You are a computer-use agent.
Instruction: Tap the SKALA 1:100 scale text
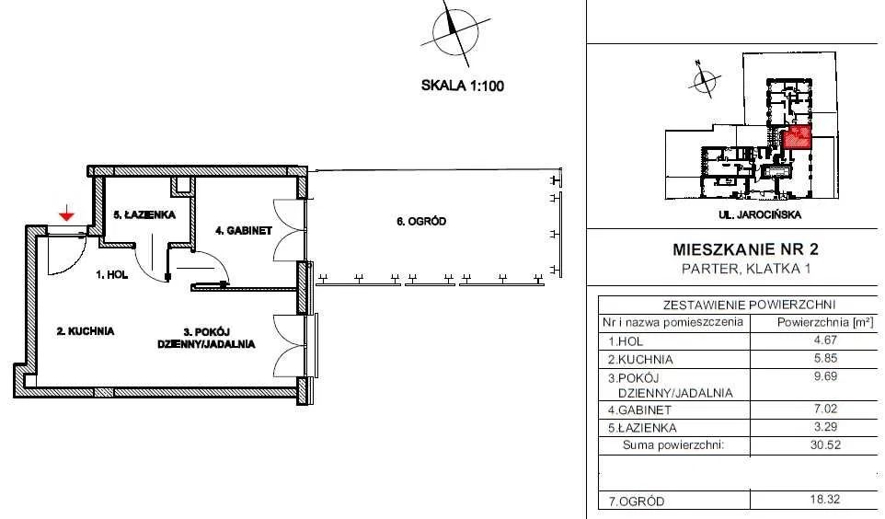(462, 86)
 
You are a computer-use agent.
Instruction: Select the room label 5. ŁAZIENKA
(144, 214)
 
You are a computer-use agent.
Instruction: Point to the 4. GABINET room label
(244, 230)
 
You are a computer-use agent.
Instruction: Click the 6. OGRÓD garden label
(421, 222)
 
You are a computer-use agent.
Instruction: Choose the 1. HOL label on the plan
(111, 274)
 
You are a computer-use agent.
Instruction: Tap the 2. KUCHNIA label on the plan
(86, 331)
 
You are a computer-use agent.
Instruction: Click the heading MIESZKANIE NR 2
(745, 249)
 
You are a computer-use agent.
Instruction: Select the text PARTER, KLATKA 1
(746, 269)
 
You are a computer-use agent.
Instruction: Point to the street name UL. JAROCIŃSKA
(760, 215)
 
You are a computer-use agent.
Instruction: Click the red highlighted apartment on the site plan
(797, 137)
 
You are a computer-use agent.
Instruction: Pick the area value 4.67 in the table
(826, 340)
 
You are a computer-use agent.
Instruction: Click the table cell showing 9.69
(826, 376)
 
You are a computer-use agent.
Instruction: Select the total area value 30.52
(826, 444)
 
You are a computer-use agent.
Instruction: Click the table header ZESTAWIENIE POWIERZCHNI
(749, 305)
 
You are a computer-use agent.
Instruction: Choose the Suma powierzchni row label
(672, 444)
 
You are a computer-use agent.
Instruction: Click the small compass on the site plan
(703, 79)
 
